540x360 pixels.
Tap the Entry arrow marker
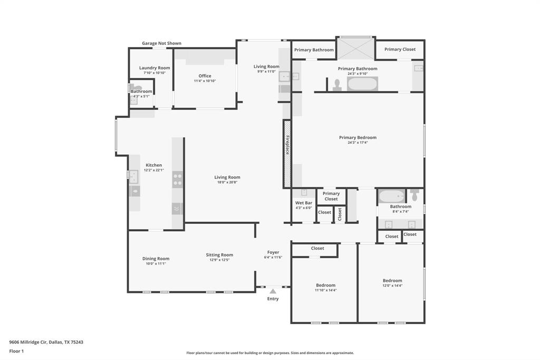pos(273,291)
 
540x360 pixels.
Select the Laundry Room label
pos(155,68)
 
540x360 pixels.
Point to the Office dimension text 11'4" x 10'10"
pos(205,81)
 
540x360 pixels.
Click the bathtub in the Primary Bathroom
pos(362,84)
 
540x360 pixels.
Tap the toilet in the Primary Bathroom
pos(337,84)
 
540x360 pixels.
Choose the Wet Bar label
pos(304,203)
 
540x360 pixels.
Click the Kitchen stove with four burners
pos(177,179)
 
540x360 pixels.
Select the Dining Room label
pos(156,259)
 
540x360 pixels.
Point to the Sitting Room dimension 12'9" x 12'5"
pos(219,260)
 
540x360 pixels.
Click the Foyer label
pos(273,252)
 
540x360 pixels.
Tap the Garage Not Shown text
pos(162,43)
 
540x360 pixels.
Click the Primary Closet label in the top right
pos(400,50)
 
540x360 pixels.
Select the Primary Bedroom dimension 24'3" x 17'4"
pos(358,143)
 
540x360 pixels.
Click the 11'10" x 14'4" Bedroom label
pos(325,286)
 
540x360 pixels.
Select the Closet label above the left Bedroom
pos(317,248)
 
